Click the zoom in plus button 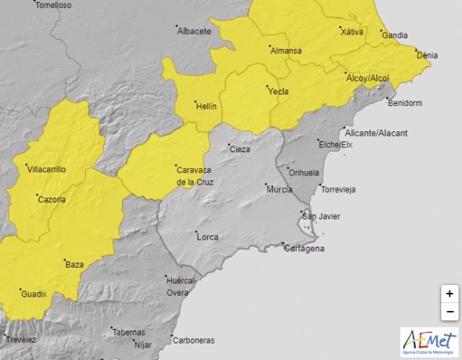point(449,294)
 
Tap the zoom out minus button point(449,312)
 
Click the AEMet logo point(429,341)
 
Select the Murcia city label point(279,190)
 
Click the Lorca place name point(207,236)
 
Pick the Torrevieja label point(339,190)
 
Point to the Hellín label point(206,106)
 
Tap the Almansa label point(286,51)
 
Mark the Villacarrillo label point(46,170)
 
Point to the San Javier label point(321,216)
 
